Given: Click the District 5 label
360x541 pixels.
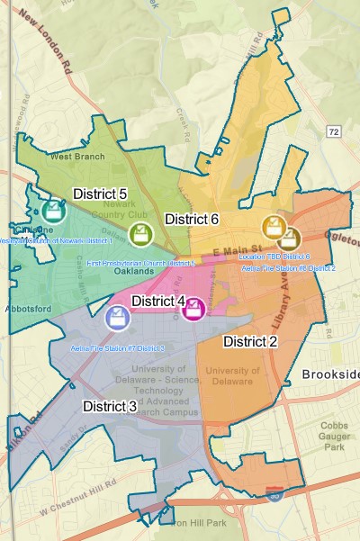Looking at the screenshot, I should [100, 194].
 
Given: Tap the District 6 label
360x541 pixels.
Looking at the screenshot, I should [191, 219].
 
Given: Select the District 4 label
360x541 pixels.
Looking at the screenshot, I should [158, 301].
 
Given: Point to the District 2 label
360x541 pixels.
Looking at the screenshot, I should [250, 341].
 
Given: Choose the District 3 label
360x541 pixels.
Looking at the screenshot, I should [110, 406].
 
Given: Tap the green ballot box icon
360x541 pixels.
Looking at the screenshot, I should [139, 235].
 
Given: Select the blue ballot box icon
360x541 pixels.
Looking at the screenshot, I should [117, 317].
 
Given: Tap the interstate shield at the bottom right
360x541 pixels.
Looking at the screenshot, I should [274, 493].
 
